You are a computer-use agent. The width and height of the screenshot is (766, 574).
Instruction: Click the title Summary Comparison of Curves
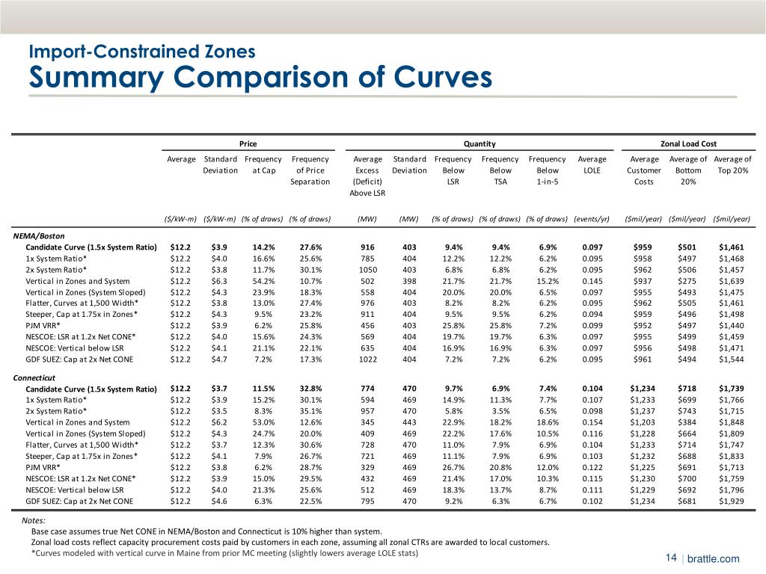pyautogui.click(x=260, y=77)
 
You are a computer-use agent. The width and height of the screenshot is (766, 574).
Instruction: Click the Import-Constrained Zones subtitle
pyautogui.click(x=142, y=52)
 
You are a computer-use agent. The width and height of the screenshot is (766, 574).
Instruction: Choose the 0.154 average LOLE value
pyautogui.click(x=592, y=423)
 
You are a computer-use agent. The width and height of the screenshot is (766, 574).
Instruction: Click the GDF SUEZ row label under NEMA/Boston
pyautogui.click(x=80, y=359)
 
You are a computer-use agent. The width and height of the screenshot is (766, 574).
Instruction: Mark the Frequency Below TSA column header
pyautogui.click(x=500, y=170)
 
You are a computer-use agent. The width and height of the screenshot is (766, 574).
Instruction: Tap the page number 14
pyautogui.click(x=670, y=558)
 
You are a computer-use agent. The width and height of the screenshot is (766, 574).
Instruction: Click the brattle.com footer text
pyautogui.click(x=713, y=559)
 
